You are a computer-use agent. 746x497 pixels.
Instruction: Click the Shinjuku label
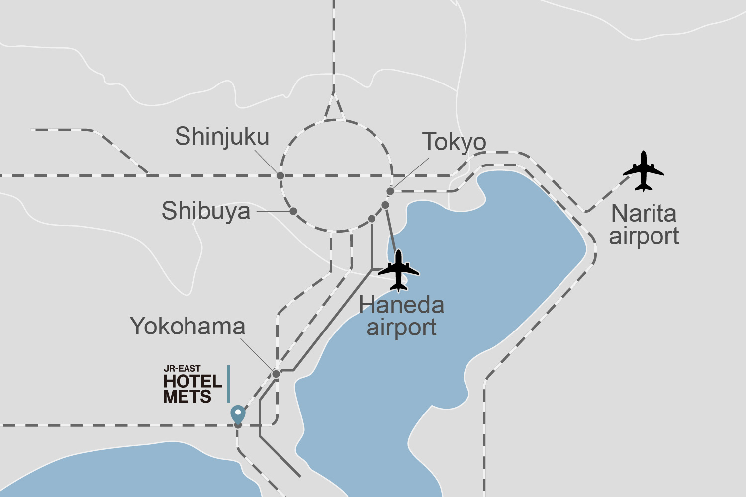pyautogui.click(x=222, y=137)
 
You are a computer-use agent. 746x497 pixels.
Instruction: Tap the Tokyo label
pyautogui.click(x=454, y=142)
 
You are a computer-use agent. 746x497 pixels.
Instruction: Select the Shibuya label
pyautogui.click(x=206, y=211)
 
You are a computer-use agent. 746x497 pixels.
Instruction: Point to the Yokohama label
pyautogui.click(x=187, y=327)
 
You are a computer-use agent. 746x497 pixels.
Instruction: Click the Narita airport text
pyautogui.click(x=644, y=225)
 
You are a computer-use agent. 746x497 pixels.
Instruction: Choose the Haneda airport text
pyautogui.click(x=401, y=316)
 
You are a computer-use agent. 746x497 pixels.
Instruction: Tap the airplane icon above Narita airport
pyautogui.click(x=644, y=171)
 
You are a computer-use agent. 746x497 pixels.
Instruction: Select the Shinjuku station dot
pyautogui.click(x=280, y=176)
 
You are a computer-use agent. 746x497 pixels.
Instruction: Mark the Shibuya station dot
pyautogui.click(x=293, y=212)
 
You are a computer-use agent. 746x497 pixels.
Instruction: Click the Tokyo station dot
pyautogui.click(x=390, y=191)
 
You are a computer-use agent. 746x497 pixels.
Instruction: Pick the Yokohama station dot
pyautogui.click(x=276, y=374)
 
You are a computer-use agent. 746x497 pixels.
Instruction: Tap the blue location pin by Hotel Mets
pyautogui.click(x=238, y=413)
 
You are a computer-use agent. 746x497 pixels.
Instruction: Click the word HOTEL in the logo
pyautogui.click(x=193, y=382)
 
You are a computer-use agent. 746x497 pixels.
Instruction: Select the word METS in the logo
pyautogui.click(x=187, y=397)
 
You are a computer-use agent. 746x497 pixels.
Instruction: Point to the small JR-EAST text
pyautogui.click(x=182, y=369)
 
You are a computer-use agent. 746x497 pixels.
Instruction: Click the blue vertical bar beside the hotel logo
pyautogui.click(x=229, y=384)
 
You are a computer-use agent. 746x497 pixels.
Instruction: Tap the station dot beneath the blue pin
pyautogui.click(x=238, y=425)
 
